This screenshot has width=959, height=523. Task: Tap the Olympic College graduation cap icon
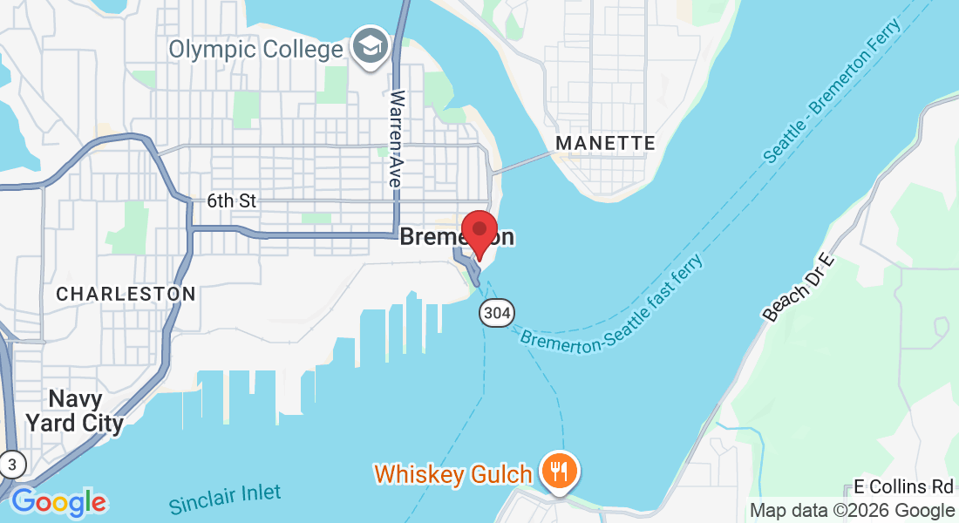coord(370,46)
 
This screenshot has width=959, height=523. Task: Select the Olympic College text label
coord(255,49)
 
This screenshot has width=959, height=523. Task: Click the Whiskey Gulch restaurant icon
coord(557,472)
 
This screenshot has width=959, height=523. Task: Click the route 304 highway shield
coord(496,313)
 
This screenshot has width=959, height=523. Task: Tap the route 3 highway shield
coord(11,464)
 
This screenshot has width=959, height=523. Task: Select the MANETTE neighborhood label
coord(605,143)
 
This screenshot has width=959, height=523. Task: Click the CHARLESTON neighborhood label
coord(126,295)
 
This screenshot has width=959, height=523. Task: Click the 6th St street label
coord(231,201)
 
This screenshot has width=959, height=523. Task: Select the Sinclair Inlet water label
coord(225,499)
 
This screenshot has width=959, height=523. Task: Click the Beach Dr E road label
coord(799,288)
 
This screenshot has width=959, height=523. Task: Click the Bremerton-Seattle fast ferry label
coord(611,302)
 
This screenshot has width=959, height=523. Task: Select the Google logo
coord(58,503)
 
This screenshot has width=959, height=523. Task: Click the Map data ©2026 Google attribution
coord(852,511)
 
